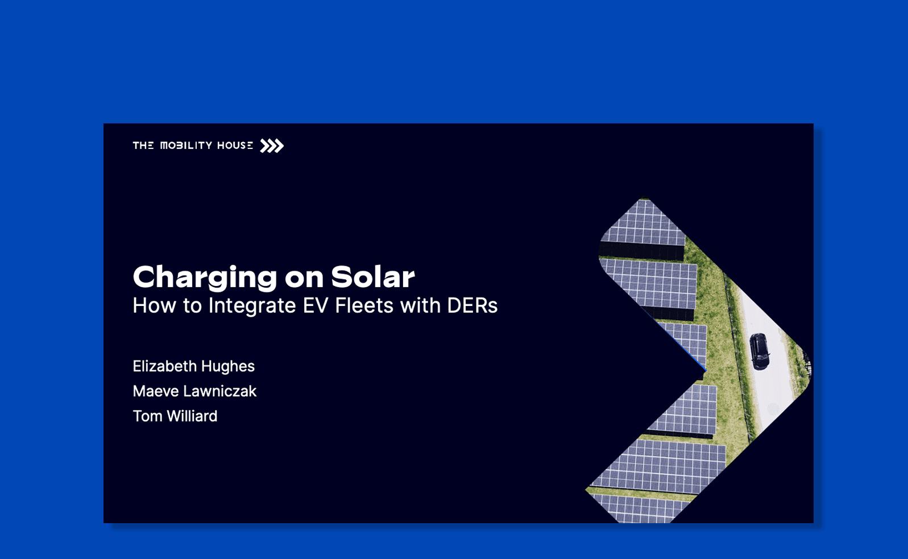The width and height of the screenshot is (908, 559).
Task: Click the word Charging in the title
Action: [205, 278]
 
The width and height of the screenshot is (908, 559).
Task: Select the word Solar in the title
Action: [373, 277]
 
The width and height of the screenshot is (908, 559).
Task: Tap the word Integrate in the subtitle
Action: [252, 306]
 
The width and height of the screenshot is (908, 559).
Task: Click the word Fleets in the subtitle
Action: [364, 305]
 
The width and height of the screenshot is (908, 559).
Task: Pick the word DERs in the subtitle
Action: [472, 305]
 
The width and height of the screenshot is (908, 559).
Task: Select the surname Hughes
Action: [228, 367]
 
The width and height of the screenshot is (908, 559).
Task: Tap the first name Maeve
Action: [156, 391]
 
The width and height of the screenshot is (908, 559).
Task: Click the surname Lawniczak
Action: [219, 391]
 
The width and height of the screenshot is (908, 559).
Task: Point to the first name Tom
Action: [148, 416]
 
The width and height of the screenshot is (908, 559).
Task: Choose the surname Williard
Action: [192, 416]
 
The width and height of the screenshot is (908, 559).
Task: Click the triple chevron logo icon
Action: [272, 146]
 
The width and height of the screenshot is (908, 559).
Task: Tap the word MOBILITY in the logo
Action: [186, 146]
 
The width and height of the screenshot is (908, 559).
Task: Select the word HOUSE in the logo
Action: [235, 146]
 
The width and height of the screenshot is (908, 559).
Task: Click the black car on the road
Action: [759, 351]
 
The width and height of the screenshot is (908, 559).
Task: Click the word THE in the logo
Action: [143, 146]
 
